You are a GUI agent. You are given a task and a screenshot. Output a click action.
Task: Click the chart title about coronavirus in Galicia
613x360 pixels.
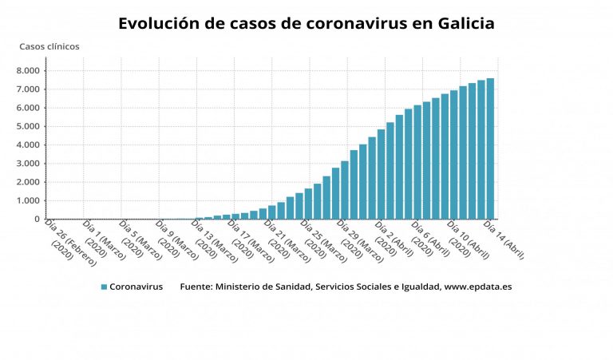[306, 23]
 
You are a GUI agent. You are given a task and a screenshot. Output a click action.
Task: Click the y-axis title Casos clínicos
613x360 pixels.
[49, 46]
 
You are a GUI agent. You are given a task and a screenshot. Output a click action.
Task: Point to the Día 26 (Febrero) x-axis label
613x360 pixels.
[70, 242]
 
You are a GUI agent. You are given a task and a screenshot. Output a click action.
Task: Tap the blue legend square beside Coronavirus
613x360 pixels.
[105, 287]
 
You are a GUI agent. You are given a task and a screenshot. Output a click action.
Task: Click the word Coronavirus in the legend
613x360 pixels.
[136, 287]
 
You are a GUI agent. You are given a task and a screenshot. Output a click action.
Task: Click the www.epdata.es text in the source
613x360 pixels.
[478, 287]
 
